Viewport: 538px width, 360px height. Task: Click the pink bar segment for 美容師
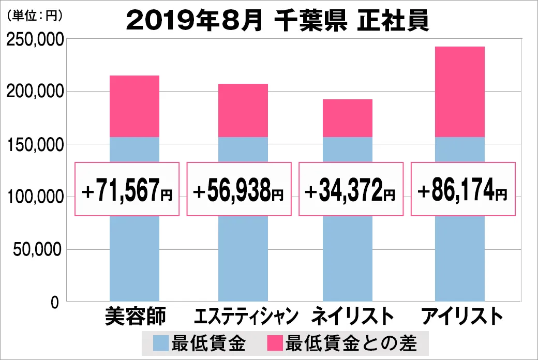[x=134, y=106]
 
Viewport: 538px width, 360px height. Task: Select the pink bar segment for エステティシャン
[x=243, y=110]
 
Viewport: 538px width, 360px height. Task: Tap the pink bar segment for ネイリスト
[x=348, y=118]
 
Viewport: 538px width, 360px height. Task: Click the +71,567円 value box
[x=127, y=189]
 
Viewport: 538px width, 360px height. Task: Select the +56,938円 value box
[x=238, y=189]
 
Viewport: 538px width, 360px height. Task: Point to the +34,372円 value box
[x=351, y=189]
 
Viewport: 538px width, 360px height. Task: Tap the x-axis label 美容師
[x=134, y=316]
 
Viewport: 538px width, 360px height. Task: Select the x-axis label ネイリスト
[x=349, y=316]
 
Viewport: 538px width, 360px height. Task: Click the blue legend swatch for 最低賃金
[x=161, y=342]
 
